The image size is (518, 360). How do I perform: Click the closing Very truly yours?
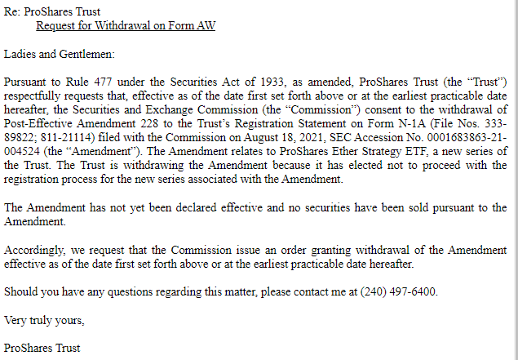point(45,320)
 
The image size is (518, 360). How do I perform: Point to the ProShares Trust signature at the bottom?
point(42,348)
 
